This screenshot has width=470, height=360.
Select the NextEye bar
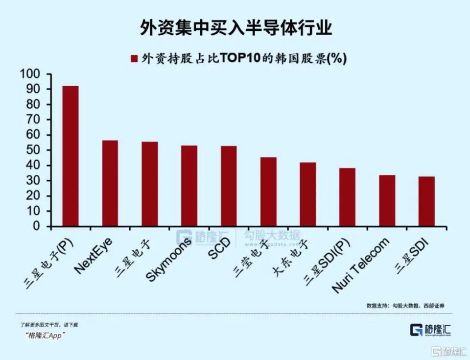point(110,183)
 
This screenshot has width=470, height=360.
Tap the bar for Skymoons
point(189,186)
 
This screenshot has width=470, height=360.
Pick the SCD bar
point(229,186)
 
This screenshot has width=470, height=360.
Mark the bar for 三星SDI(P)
point(347,197)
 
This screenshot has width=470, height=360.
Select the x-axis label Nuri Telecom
point(361,265)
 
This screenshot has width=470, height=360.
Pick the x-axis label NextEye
point(94,255)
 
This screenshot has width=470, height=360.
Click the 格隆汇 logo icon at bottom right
point(417,331)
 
